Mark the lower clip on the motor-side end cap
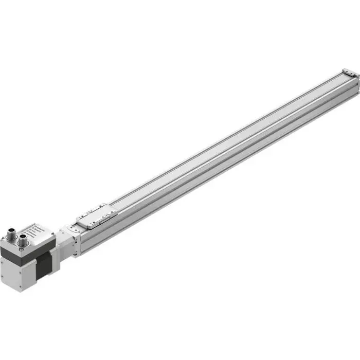pyautogui.click(x=76, y=252)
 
